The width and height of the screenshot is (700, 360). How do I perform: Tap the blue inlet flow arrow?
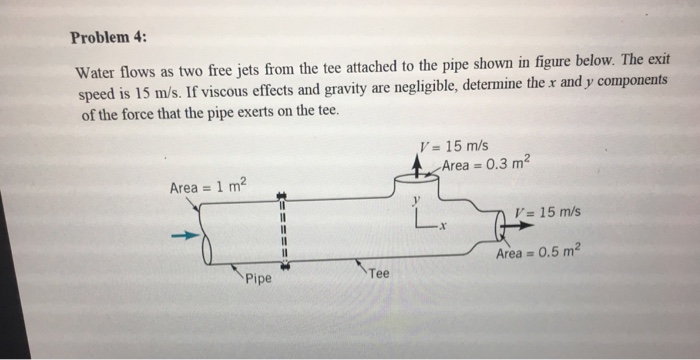[x=181, y=237]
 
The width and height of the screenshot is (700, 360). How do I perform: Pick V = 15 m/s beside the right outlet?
[x=547, y=213]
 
